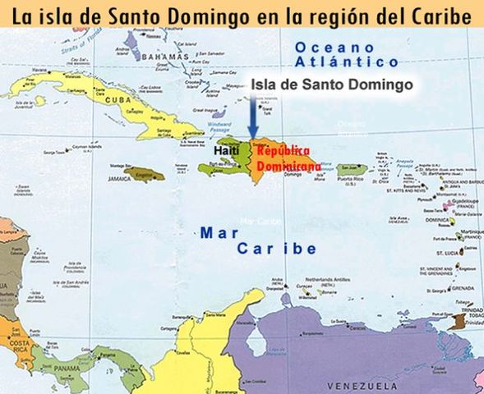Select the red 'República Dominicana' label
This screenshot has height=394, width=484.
[282, 158]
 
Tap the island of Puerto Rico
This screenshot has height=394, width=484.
[352, 170]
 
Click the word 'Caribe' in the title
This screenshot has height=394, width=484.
[441, 14]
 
